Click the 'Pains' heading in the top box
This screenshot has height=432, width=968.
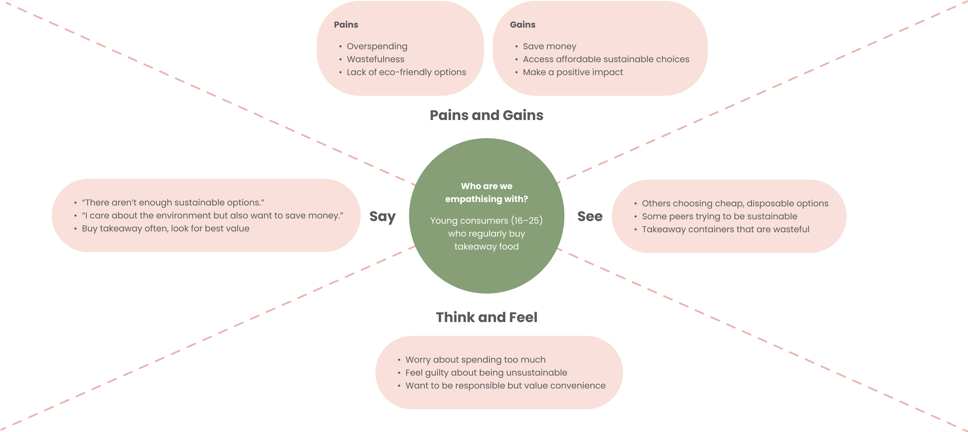tap(346, 25)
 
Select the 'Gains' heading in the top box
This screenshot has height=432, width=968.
tap(522, 25)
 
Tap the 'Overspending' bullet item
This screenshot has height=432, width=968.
tap(377, 46)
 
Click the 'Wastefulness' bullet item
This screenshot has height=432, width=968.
tap(375, 59)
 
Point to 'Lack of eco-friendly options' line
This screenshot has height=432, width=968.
tap(406, 72)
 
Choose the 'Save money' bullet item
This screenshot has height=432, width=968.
tap(549, 46)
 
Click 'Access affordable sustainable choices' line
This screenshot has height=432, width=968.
tap(606, 59)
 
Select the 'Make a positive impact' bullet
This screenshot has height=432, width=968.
tap(573, 72)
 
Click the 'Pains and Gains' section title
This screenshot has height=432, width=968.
tap(486, 115)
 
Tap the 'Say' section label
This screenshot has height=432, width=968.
tap(382, 216)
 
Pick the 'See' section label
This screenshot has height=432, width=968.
tap(590, 216)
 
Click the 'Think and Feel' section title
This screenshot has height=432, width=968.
tap(486, 317)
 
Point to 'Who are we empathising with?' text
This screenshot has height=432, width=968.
tap(486, 193)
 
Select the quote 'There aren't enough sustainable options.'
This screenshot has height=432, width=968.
tap(173, 203)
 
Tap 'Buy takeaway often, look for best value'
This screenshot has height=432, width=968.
tap(165, 229)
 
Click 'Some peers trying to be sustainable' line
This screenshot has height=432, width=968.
tap(719, 216)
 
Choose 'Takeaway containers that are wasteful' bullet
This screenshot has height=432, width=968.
tap(725, 229)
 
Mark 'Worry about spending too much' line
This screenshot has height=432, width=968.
tap(475, 360)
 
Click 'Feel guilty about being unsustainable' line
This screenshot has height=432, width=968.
tap(486, 373)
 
